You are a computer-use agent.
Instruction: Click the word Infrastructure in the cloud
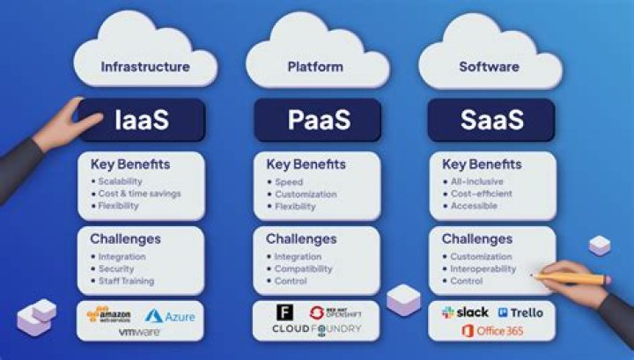[x=145, y=67]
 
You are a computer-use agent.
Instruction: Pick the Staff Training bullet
[x=126, y=281]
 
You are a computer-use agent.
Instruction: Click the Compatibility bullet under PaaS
[x=303, y=268]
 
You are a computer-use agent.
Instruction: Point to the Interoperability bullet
[x=483, y=268]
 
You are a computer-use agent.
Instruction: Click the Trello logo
[x=520, y=312]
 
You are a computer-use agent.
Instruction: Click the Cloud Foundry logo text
[x=316, y=329]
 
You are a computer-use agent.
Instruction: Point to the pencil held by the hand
[x=572, y=278]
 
